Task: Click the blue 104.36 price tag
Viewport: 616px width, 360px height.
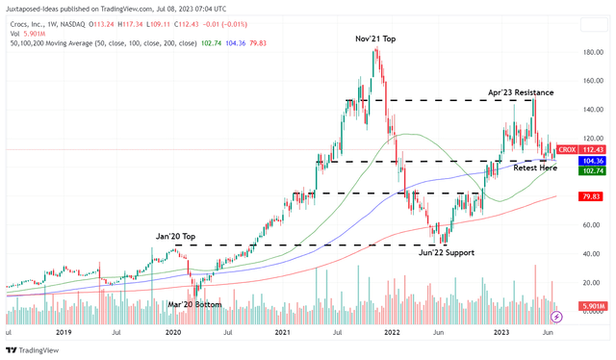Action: click(593, 161)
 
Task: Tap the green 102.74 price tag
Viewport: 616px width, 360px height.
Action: click(593, 170)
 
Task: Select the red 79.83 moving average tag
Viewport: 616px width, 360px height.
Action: click(593, 196)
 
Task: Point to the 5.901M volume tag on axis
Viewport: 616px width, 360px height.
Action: click(591, 306)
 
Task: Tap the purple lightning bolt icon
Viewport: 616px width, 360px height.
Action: click(555, 316)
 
